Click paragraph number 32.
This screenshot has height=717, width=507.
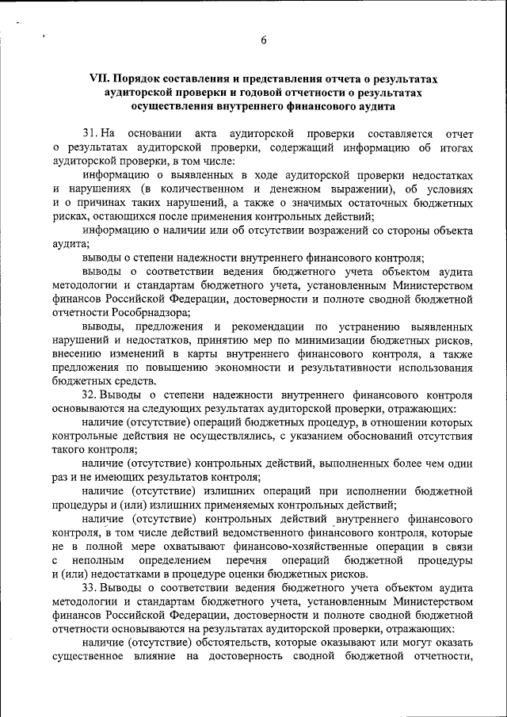pos(89,394)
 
